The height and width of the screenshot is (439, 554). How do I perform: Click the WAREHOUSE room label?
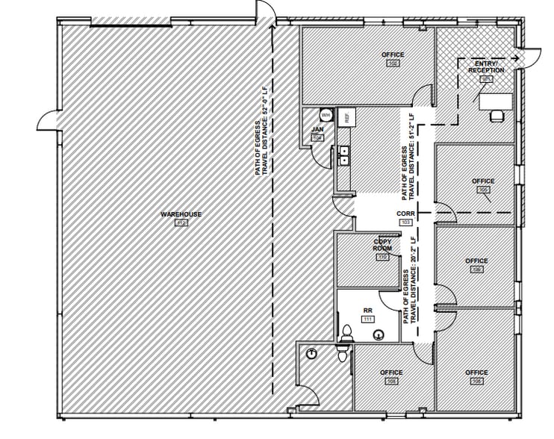(x=181, y=214)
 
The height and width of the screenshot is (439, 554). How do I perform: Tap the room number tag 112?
(x=181, y=222)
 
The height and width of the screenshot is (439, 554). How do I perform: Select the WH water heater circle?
(x=326, y=116)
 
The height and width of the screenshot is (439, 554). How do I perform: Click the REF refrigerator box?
(x=346, y=117)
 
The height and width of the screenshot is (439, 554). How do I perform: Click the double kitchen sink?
(x=344, y=155)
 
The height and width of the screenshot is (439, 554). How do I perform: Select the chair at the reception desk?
(x=495, y=115)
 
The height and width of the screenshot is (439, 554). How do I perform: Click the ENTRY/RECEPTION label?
(x=486, y=67)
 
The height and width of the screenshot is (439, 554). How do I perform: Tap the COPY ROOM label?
(x=382, y=245)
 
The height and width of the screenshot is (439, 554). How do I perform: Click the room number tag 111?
(x=367, y=318)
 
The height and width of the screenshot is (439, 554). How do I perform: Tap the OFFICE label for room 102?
(x=393, y=55)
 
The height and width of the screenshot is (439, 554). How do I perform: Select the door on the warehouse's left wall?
(x=49, y=119)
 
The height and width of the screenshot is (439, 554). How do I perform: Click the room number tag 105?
(x=483, y=190)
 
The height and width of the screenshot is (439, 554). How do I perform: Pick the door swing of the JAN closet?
(x=320, y=155)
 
